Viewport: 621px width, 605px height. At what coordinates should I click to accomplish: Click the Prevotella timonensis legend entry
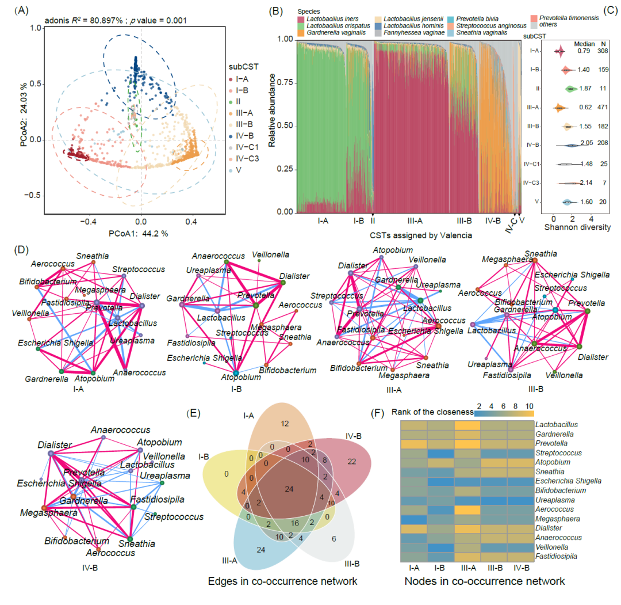pos(566,18)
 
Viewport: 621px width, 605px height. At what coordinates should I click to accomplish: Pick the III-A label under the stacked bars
pos(415,220)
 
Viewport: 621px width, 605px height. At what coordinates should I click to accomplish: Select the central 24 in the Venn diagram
pos(290,489)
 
